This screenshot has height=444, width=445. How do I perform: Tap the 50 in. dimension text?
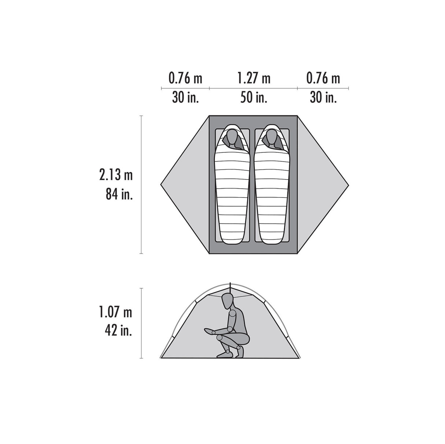point(254,97)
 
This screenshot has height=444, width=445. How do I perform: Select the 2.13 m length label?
point(116,175)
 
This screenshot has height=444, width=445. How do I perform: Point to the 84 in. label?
point(119,194)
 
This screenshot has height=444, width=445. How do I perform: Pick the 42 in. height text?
point(118,331)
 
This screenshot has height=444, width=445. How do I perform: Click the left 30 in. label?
point(185,97)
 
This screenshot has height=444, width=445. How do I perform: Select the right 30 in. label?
point(323,97)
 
